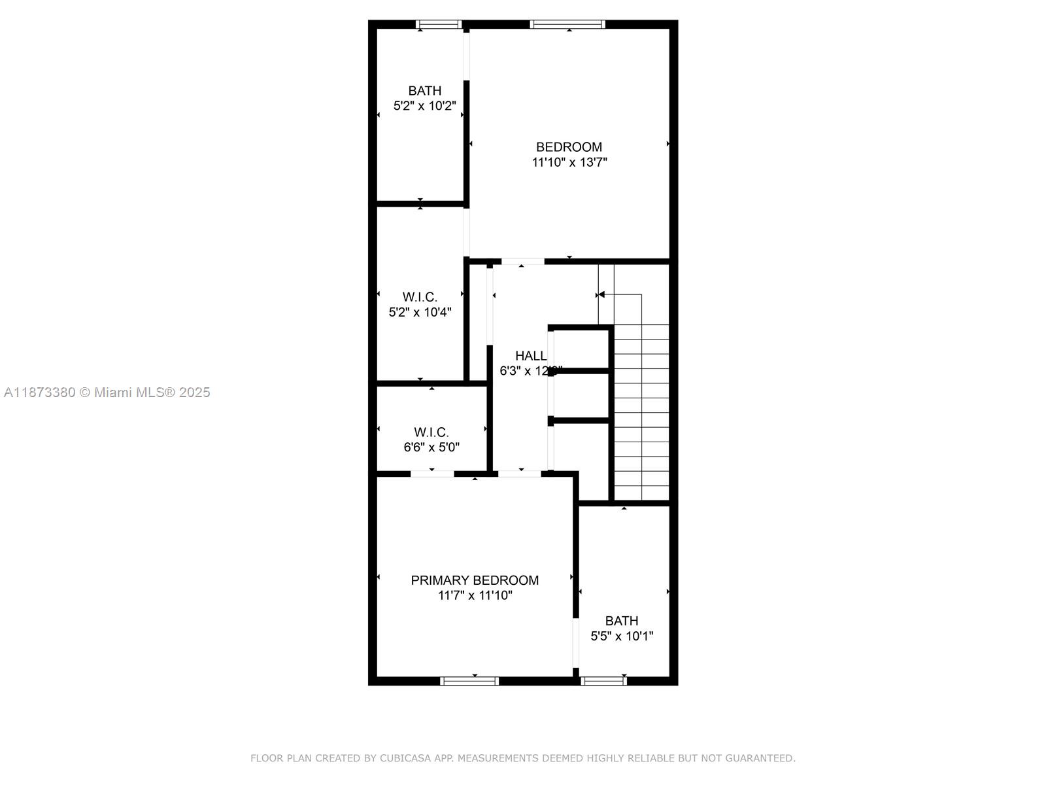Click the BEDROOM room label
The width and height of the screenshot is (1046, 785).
569,147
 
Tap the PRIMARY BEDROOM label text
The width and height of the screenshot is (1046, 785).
475,580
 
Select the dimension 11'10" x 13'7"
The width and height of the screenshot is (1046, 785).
569,162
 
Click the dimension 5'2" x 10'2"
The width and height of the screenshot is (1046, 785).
424,105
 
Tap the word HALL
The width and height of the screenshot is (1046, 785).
531,356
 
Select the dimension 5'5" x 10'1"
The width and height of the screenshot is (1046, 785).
622,636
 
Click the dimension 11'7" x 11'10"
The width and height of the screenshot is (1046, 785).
475,595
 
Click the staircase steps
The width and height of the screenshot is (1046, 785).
641,412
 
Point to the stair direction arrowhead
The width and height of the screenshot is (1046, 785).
601,295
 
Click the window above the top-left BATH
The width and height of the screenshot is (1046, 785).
439,25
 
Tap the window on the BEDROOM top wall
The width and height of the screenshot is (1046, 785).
567,25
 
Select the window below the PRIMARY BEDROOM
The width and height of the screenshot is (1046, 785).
469,681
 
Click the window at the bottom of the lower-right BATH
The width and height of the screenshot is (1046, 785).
603,681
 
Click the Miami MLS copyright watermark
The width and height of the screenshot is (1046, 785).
107,392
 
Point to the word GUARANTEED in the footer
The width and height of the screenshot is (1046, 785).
761,758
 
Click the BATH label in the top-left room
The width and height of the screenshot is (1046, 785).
425,91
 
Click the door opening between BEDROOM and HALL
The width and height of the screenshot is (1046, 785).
522,262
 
